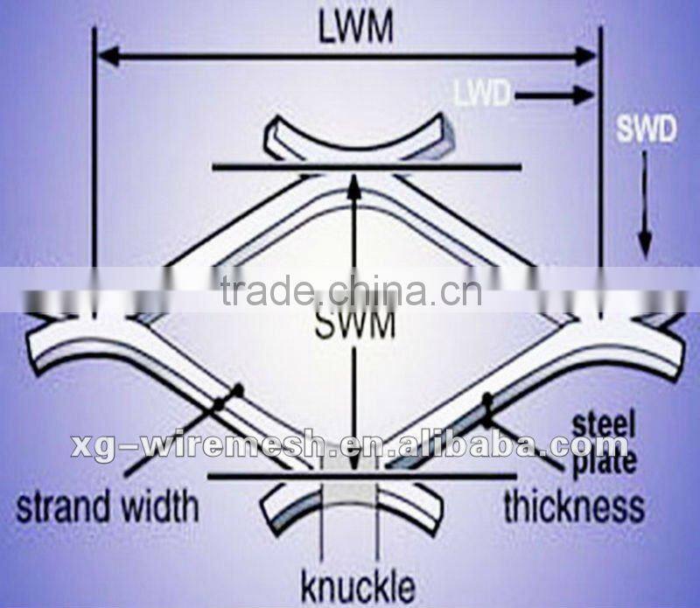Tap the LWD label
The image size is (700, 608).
coord(481,92)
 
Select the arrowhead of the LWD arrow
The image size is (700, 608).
coord(585,94)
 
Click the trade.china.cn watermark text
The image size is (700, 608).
coord(350,290)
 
